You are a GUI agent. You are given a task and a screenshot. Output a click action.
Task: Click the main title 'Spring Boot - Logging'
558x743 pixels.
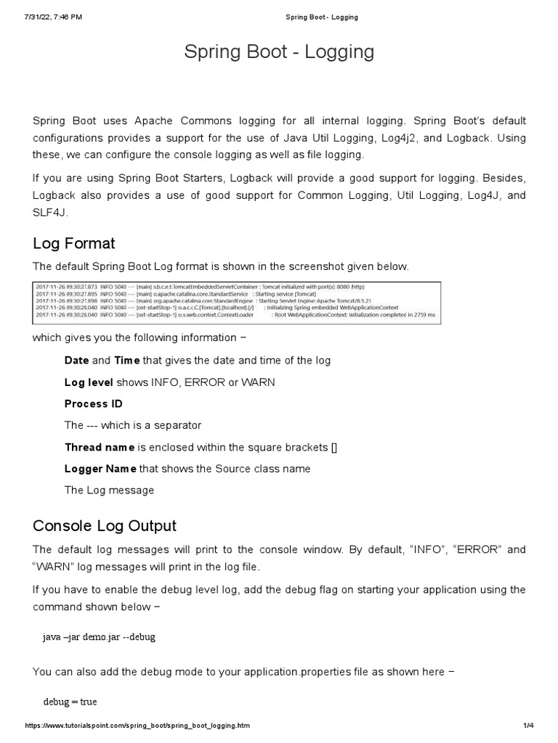[x=279, y=52]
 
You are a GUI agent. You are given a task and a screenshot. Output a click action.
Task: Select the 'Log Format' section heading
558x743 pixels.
[x=73, y=242]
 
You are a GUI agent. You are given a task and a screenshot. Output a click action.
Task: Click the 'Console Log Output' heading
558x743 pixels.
[x=104, y=525]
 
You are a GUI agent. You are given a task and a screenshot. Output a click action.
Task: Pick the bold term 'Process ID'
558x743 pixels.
[x=93, y=403]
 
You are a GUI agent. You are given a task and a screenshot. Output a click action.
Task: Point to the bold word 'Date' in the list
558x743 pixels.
[x=76, y=361]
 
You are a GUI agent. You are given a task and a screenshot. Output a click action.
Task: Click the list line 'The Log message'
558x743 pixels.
[x=109, y=490]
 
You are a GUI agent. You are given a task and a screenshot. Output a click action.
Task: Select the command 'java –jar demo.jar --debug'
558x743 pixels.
[x=99, y=637]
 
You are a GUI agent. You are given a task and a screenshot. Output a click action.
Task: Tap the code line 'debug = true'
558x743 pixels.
[x=70, y=702]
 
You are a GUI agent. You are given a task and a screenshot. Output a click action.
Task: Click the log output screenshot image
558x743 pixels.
[x=238, y=301]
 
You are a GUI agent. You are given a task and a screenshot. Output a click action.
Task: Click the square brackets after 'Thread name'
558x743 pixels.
[x=333, y=447]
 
